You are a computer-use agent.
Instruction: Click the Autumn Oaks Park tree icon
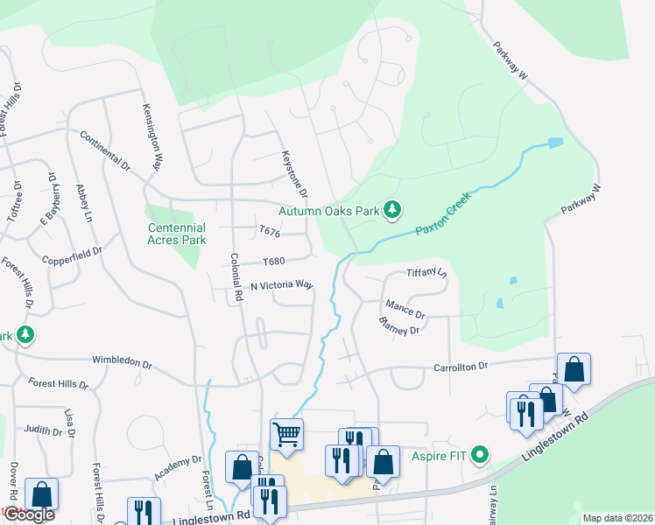(394, 210)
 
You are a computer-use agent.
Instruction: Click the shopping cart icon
(286, 432)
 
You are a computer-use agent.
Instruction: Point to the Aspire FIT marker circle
(479, 455)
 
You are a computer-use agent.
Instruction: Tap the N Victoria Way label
(281, 285)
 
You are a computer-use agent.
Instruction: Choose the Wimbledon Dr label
(122, 360)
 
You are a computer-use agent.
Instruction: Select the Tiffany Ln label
(427, 273)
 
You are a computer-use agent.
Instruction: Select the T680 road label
(273, 262)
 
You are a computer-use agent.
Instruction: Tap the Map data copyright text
(617, 518)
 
